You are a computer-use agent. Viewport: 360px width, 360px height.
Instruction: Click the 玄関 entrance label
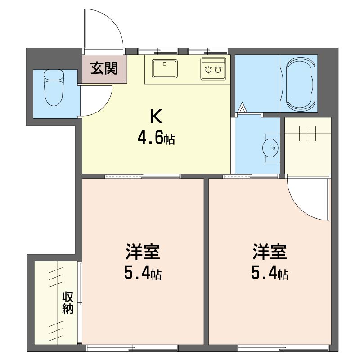(104, 68)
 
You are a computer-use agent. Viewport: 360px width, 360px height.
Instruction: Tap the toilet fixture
(54, 87)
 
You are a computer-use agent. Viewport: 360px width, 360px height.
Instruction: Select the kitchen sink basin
(165, 69)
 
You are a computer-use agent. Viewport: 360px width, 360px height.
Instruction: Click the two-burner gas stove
(213, 69)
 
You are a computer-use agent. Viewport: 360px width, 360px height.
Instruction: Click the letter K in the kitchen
(156, 117)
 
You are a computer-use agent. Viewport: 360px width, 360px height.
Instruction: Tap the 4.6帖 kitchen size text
(156, 138)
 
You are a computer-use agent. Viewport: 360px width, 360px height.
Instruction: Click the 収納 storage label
(68, 302)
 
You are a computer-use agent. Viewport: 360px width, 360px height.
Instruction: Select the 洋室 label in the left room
(143, 252)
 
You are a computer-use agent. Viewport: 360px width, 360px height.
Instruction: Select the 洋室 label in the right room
(270, 252)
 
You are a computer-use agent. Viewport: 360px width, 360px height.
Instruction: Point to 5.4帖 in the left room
(143, 272)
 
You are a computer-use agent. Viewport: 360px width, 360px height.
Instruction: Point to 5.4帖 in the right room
(270, 272)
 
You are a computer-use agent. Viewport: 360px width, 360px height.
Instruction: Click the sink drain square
(165, 64)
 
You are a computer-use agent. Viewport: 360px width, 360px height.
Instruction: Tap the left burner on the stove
(208, 70)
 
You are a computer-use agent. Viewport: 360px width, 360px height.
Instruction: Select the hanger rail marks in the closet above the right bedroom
(308, 133)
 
